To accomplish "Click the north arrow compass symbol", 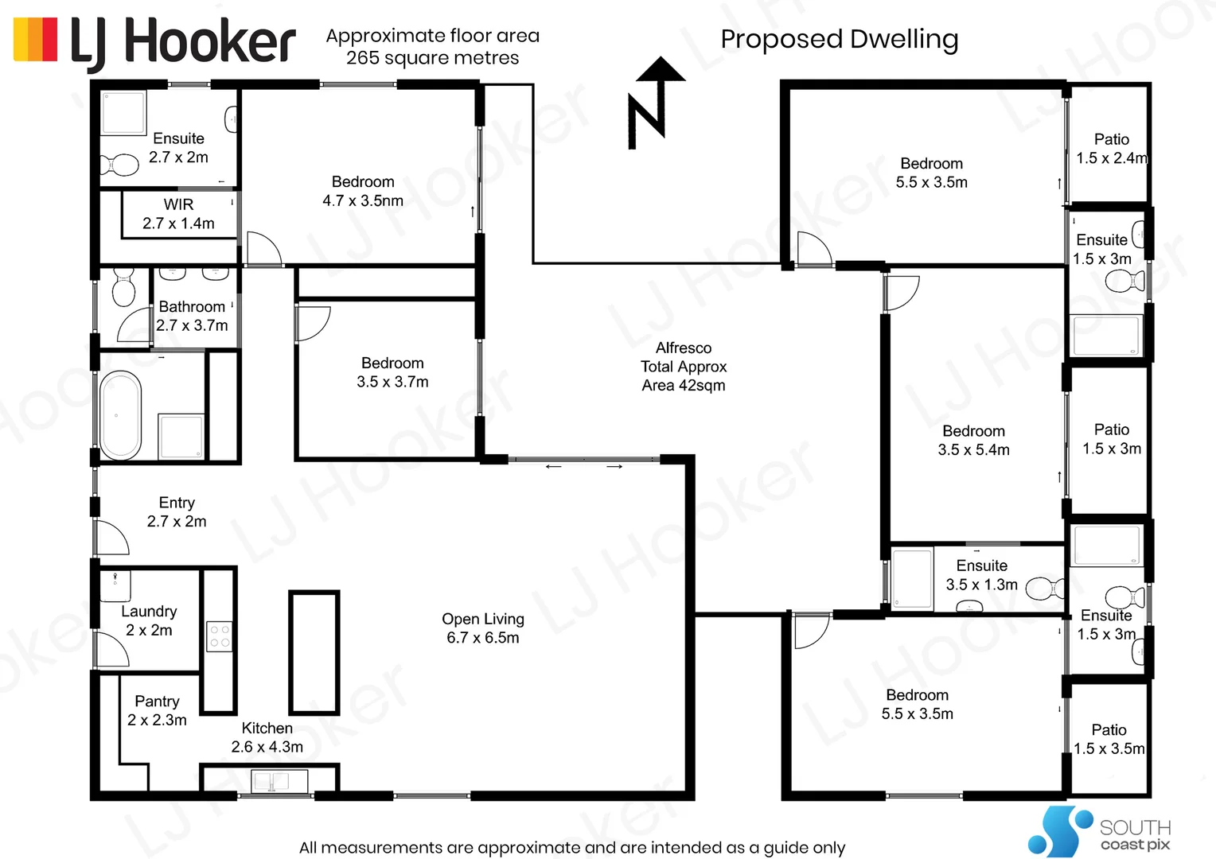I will click(654, 103).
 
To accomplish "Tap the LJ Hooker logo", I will click(155, 41).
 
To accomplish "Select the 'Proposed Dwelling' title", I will click(839, 39).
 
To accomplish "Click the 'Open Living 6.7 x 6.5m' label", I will click(482, 628).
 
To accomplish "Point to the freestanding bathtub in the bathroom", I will click(121, 415).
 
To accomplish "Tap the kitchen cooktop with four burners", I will click(219, 636).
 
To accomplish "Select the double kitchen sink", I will click(270, 782).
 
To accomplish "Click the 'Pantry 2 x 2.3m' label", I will click(157, 710).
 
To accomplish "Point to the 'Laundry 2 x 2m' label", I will click(149, 620).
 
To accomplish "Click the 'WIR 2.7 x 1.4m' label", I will click(178, 214).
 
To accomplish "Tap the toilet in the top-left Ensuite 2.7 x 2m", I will click(119, 165).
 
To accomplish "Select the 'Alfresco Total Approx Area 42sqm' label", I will click(684, 367).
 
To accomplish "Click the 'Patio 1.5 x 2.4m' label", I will click(1111, 149).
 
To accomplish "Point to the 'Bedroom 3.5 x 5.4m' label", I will click(973, 440).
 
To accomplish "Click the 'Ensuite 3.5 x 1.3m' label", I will click(981, 575).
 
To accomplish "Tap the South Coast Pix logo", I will click(1099, 831).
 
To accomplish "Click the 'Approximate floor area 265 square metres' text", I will click(432, 47).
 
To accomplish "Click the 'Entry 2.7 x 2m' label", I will click(177, 512).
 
